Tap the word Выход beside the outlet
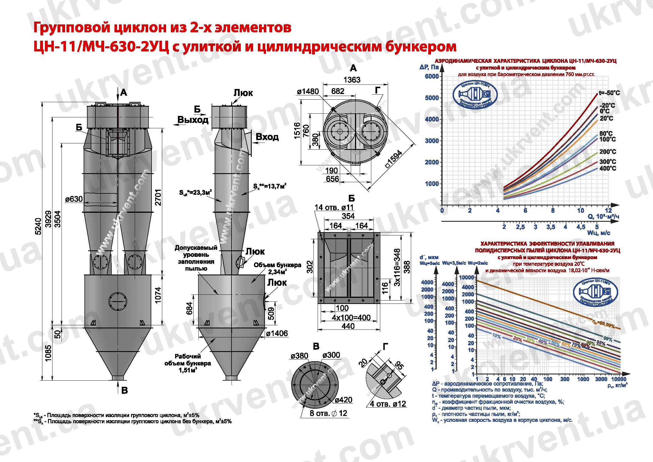[x=193, y=120]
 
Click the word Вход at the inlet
[x=267, y=137]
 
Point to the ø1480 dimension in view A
[x=308, y=92]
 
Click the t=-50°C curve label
[x=609, y=93]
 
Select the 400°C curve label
[x=608, y=168]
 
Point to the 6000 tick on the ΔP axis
[x=432, y=76]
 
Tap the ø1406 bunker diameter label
[x=277, y=333]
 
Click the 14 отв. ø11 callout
[x=334, y=207]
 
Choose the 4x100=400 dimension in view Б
[x=351, y=318]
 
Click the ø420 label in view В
[x=343, y=400]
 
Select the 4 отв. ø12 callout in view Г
[x=388, y=404]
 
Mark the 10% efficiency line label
[x=496, y=336]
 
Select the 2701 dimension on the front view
[x=159, y=197]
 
